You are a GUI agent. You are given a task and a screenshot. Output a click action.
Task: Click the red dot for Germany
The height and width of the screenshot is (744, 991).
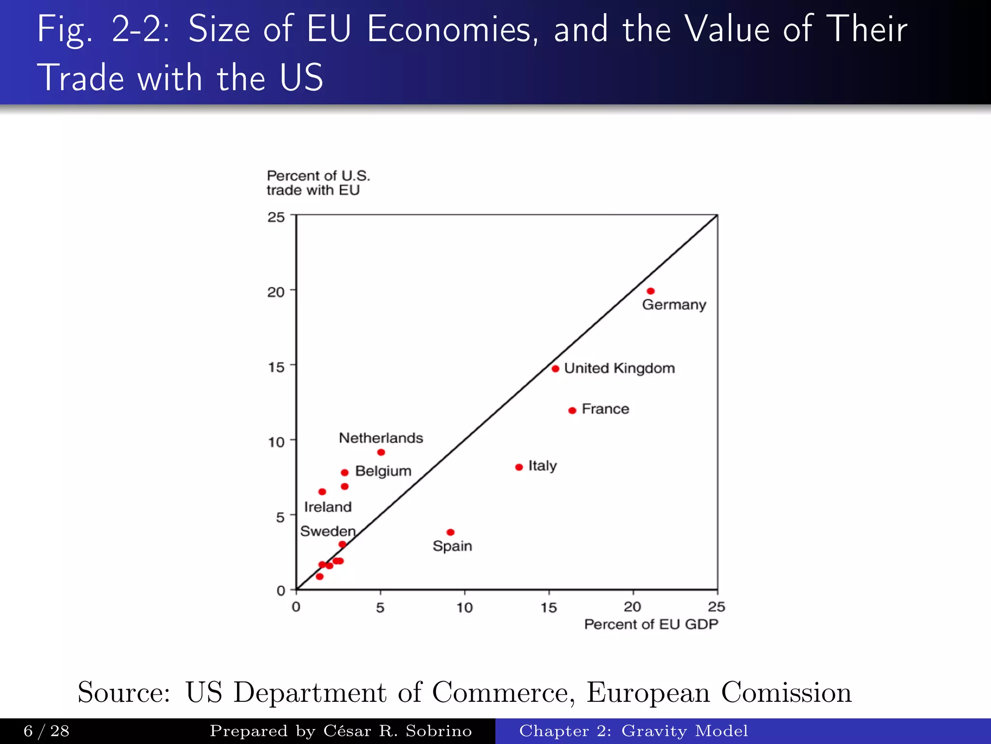pyautogui.click(x=651, y=291)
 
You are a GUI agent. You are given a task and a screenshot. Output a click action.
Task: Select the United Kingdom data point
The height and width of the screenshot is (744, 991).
pyautogui.click(x=556, y=369)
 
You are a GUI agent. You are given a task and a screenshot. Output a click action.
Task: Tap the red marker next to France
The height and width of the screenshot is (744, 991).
pyautogui.click(x=572, y=410)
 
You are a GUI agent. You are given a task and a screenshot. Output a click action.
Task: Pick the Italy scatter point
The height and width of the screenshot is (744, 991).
pyautogui.click(x=519, y=467)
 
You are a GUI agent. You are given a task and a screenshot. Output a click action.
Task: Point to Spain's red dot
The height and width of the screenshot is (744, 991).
pyautogui.click(x=450, y=532)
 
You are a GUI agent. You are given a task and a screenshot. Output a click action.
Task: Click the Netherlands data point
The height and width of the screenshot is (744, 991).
pyautogui.click(x=381, y=452)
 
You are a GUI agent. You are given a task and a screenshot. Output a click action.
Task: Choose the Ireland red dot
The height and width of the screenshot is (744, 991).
pyautogui.click(x=322, y=492)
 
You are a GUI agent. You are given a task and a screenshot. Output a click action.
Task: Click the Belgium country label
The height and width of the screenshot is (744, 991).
pyautogui.click(x=383, y=471)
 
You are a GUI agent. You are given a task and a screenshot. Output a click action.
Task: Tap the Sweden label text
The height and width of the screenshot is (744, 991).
pyautogui.click(x=328, y=531)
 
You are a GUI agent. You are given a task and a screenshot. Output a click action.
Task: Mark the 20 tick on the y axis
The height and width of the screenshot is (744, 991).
pyautogui.click(x=276, y=292)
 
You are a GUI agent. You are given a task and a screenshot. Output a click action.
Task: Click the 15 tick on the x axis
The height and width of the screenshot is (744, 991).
pyautogui.click(x=549, y=607)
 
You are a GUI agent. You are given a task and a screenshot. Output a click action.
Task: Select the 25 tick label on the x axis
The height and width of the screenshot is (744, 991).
pyautogui.click(x=716, y=606)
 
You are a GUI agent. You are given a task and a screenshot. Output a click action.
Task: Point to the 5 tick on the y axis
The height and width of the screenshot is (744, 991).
pyautogui.click(x=280, y=517)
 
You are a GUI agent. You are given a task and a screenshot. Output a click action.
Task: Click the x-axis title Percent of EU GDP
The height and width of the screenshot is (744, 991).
pyautogui.click(x=651, y=624)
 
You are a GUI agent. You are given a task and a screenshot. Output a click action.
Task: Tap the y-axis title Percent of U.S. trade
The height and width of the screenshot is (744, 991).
pyautogui.click(x=318, y=183)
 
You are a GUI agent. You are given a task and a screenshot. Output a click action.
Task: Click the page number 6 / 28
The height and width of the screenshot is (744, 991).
pyautogui.click(x=46, y=730)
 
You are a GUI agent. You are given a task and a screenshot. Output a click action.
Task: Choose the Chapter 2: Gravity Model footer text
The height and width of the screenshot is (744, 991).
pyautogui.click(x=633, y=730)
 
